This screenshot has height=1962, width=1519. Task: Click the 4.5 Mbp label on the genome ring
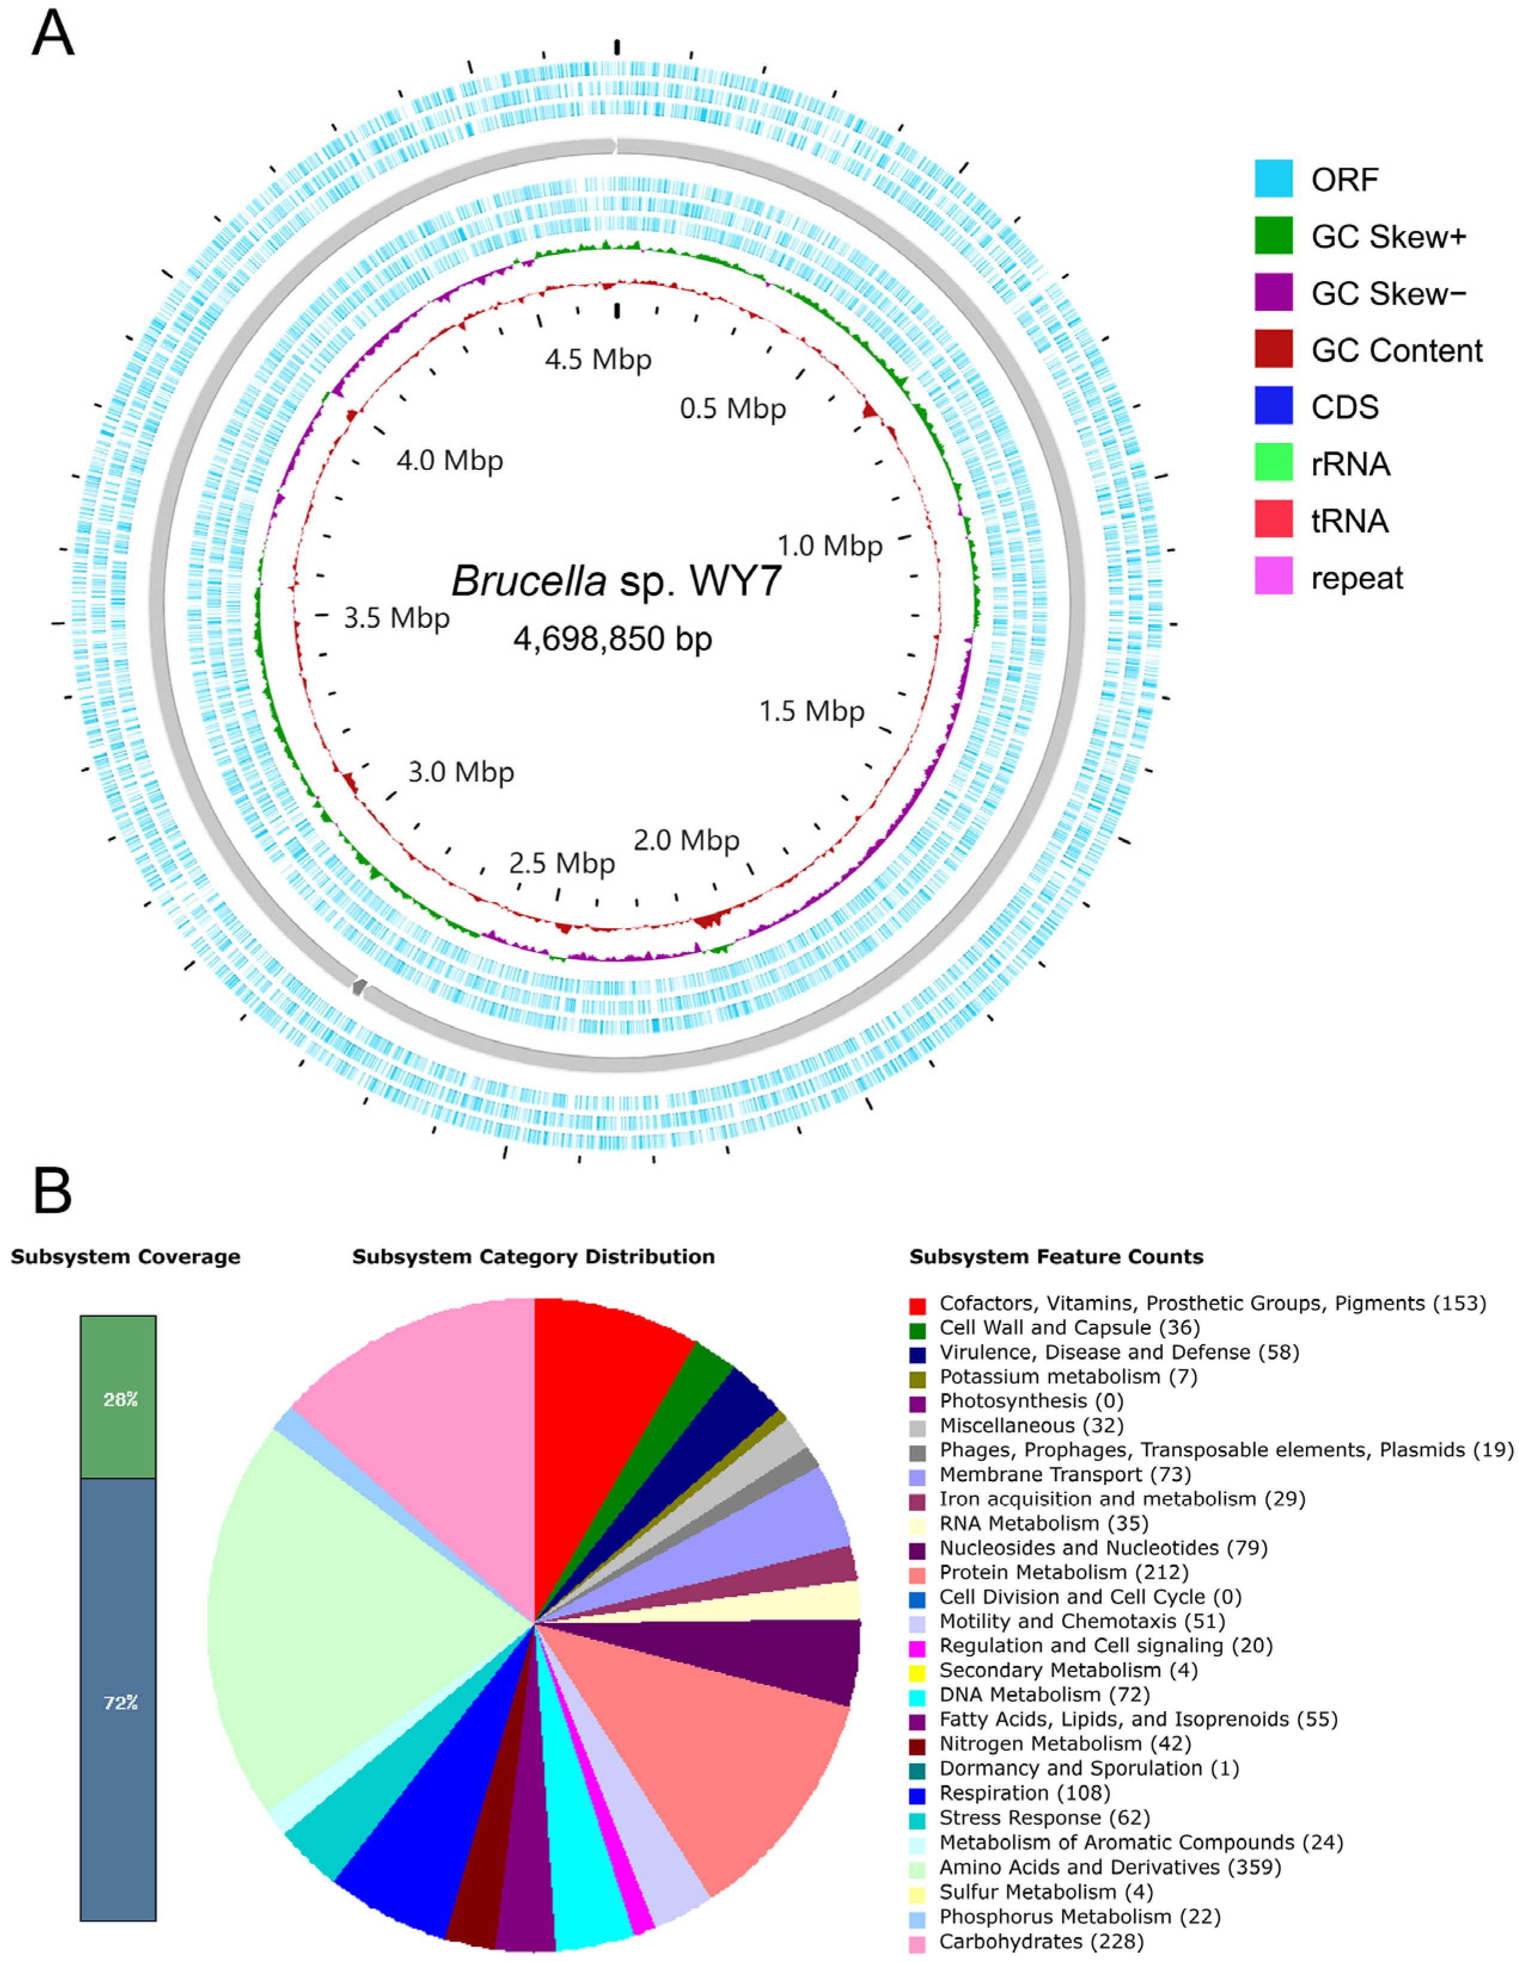pyautogui.click(x=597, y=359)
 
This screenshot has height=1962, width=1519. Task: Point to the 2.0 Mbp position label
pyautogui.click(x=687, y=841)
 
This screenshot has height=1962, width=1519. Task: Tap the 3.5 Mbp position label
pyautogui.click(x=396, y=618)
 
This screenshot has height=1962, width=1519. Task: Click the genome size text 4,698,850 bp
pyautogui.click(x=612, y=639)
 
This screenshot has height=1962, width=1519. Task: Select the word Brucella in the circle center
pyautogui.click(x=528, y=581)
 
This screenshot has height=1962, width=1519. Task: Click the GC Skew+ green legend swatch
pyautogui.click(x=1273, y=236)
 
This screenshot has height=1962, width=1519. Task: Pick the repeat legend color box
pyautogui.click(x=1273, y=576)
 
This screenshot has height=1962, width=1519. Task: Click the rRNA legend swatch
pyautogui.click(x=1273, y=463)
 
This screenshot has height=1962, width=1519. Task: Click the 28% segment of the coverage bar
pyautogui.click(x=118, y=1398)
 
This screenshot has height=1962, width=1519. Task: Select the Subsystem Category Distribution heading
pyautogui.click(x=533, y=1256)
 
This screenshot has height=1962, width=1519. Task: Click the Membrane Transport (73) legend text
pyautogui.click(x=1064, y=1474)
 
